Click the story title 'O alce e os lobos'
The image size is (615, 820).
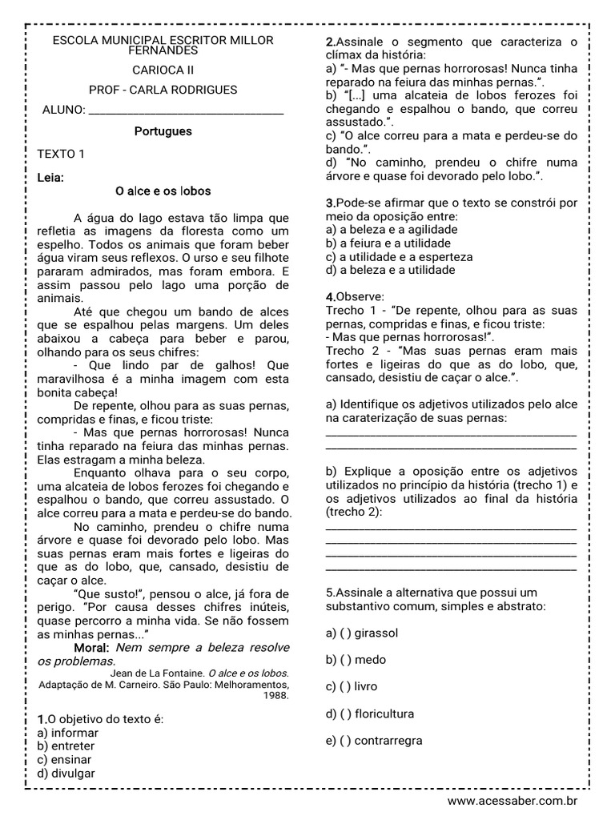[x=163, y=191]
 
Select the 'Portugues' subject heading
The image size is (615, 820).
[x=163, y=131]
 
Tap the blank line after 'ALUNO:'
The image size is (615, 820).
[x=186, y=111]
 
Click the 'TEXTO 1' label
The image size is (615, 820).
[x=60, y=154]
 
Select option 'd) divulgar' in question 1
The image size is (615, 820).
[x=66, y=774]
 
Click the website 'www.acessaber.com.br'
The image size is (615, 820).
[x=512, y=801]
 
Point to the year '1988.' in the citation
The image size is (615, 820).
[x=275, y=696]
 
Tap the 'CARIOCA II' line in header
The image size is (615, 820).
[x=163, y=70]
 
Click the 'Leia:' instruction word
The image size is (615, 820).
[x=51, y=177]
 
